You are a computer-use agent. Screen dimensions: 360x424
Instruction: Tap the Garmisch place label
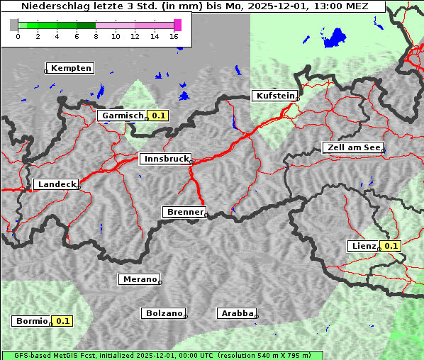[123, 116]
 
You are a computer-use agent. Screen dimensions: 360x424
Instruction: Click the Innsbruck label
[165, 159]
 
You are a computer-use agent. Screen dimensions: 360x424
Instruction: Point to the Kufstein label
[275, 96]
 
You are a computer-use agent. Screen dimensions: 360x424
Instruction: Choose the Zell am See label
[352, 147]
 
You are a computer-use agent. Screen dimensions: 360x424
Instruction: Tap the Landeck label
[57, 184]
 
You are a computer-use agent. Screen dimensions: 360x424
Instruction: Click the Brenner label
[185, 212]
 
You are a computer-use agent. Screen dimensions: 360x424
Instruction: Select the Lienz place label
[364, 246]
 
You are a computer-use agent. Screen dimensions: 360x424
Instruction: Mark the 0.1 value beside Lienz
[391, 246]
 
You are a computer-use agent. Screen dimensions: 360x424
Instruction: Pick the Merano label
[139, 279]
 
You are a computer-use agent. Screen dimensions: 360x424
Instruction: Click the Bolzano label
[164, 313]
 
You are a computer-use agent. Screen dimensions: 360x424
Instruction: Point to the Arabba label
[237, 313]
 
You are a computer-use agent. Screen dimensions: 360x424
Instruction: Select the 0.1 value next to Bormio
[63, 321]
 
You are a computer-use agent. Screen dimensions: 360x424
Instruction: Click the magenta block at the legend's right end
[177, 25]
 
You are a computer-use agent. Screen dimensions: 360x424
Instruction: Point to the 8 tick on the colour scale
[96, 36]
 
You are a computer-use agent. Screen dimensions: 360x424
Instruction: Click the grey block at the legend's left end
[14, 25]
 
